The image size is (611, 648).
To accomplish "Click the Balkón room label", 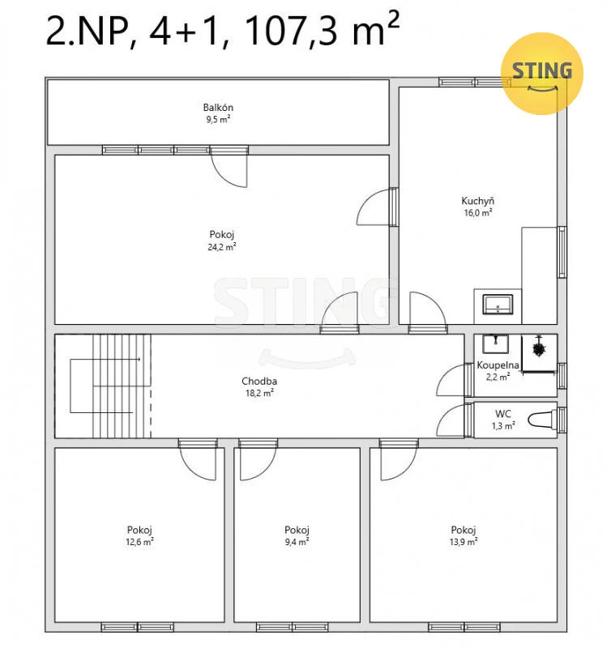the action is (218, 108).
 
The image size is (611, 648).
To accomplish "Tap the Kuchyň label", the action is (478, 201).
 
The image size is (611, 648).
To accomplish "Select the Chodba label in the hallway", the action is (259, 381).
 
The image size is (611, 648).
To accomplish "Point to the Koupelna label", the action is (498, 365).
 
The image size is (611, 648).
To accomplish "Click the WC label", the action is (503, 414).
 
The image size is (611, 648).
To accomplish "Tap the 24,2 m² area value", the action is (221, 247).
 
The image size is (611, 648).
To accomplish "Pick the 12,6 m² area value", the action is (139, 541).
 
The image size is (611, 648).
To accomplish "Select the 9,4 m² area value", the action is (297, 541).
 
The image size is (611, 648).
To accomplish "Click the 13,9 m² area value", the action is (464, 541).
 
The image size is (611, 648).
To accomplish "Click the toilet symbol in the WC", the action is (542, 420).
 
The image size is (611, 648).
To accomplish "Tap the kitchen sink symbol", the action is (498, 305).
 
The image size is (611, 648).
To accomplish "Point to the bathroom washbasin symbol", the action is (495, 343).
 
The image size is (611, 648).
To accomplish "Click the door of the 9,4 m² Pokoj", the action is (258, 460).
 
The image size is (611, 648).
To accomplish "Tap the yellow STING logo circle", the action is (541, 74).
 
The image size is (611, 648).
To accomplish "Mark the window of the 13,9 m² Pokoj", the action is (464, 627).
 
